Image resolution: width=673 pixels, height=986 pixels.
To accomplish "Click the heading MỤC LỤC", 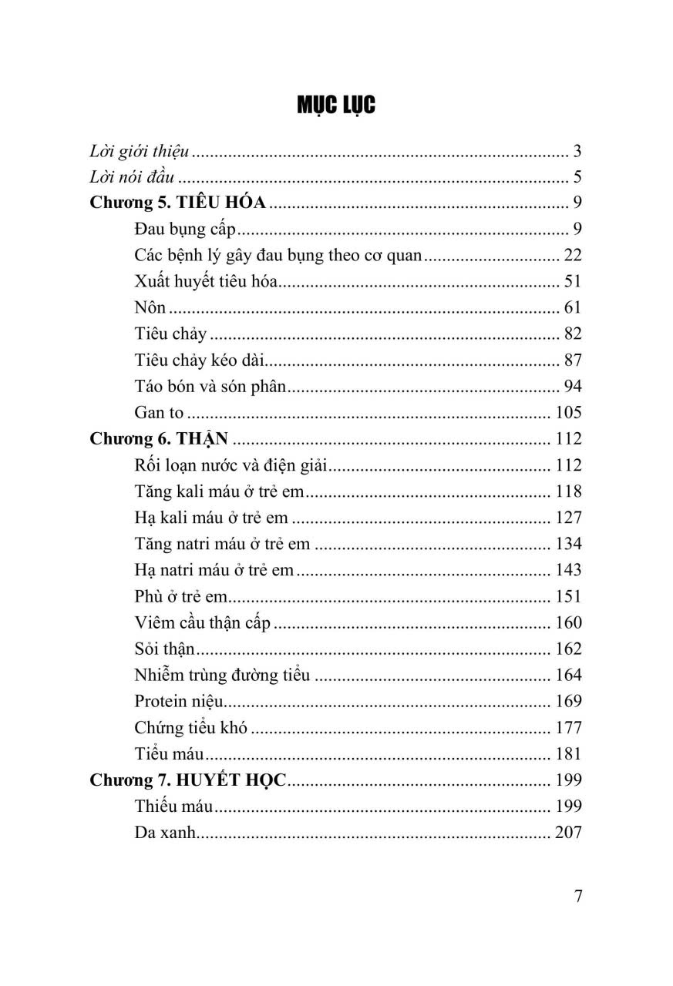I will pyautogui.click(x=336, y=106).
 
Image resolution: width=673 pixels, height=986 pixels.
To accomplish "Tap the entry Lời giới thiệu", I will pyautogui.click(x=140, y=151).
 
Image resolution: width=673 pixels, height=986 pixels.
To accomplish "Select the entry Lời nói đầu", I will pyautogui.click(x=133, y=177).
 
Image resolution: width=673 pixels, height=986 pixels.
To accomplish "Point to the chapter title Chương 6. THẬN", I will pyautogui.click(x=160, y=439).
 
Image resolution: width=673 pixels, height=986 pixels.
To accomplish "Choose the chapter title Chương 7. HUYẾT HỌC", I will pyautogui.click(x=188, y=780).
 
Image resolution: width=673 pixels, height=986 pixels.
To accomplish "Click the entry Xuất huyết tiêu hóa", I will pyautogui.click(x=206, y=282).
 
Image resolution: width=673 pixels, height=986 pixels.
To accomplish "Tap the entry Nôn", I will pyautogui.click(x=150, y=308).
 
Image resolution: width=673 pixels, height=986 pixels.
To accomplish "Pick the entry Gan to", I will pyautogui.click(x=159, y=413).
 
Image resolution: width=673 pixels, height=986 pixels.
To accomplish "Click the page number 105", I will pyautogui.click(x=568, y=413).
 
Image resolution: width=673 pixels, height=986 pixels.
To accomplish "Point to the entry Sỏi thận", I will pyautogui.click(x=164, y=649).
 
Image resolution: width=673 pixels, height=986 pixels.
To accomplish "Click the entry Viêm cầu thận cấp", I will pyautogui.click(x=202, y=622).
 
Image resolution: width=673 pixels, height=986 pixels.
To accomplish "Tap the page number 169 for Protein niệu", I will pyautogui.click(x=568, y=701).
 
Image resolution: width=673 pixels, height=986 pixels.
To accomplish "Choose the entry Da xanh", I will pyautogui.click(x=163, y=832).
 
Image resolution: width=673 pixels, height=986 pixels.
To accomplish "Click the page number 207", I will pyautogui.click(x=568, y=832).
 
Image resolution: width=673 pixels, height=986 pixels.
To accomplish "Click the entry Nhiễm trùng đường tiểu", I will pyautogui.click(x=222, y=675).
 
